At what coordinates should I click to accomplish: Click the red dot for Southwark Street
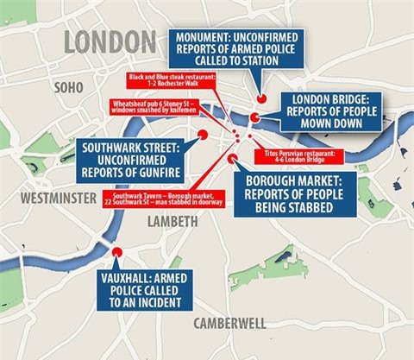(203, 135)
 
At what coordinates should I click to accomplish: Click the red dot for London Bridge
(255, 118)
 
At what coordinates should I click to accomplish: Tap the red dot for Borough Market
(231, 159)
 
